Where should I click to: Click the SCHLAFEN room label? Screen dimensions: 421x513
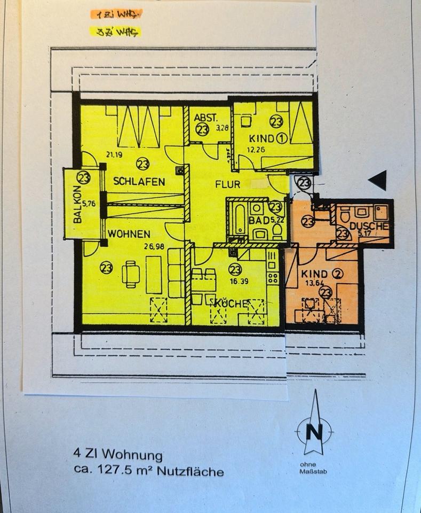tap(139, 182)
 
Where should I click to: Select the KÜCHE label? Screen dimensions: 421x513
tap(231, 304)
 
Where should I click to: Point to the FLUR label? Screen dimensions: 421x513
tap(227, 184)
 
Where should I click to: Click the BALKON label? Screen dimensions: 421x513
tap(77, 205)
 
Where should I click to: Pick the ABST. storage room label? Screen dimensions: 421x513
tap(204, 118)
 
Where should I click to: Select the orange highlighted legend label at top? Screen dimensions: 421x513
tap(115, 15)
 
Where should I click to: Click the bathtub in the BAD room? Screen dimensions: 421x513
tap(237, 220)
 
